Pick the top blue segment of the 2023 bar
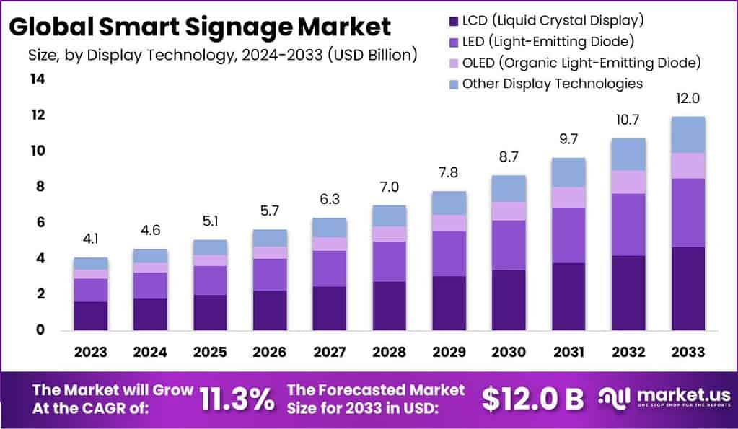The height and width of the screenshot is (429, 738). point(91,263)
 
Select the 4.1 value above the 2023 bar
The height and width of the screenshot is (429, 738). point(91,239)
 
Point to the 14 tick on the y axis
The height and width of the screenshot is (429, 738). point(37,79)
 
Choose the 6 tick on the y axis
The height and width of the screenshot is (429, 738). point(39,223)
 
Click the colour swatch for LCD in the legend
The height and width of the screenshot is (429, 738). point(452,20)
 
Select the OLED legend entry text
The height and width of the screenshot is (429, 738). point(581,63)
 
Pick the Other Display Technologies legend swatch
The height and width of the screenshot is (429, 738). point(452,84)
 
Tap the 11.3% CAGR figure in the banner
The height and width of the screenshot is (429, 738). point(239,398)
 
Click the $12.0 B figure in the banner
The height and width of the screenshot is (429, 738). point(532,398)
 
